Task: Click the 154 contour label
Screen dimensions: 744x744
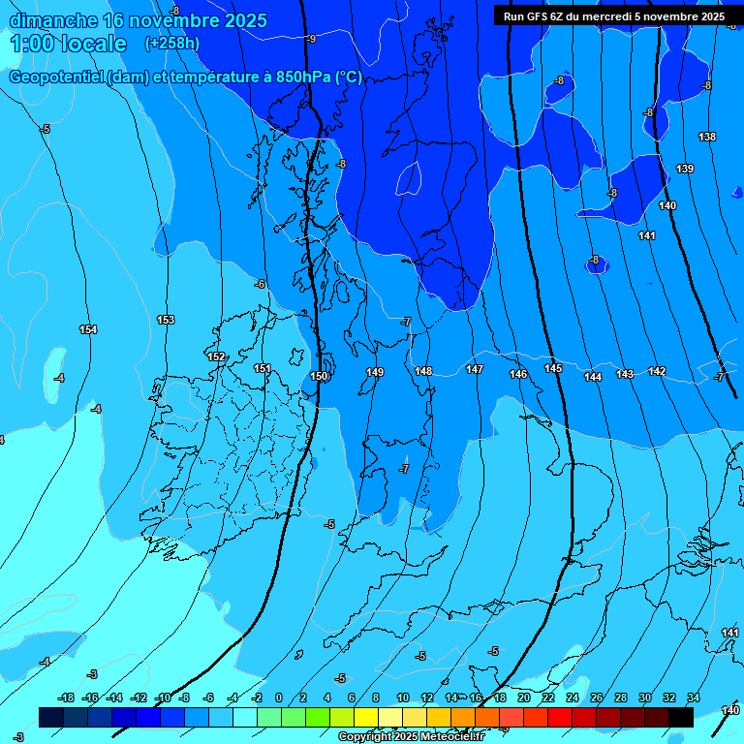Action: click(88, 330)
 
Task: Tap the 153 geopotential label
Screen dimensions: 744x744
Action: click(166, 320)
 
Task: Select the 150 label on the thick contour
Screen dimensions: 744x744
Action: click(319, 376)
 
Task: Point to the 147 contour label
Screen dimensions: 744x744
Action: click(474, 369)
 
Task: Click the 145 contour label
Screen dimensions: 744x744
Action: click(553, 368)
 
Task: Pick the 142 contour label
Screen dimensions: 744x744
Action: click(657, 372)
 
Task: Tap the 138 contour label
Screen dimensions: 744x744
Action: click(707, 138)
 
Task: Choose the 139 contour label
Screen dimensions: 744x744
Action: click(685, 170)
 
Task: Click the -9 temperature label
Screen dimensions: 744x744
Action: click(310, 39)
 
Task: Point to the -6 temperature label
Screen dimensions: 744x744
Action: click(260, 284)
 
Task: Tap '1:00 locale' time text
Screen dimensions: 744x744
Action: click(69, 44)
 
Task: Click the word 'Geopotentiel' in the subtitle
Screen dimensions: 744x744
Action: click(55, 78)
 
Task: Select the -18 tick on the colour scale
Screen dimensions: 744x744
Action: click(66, 697)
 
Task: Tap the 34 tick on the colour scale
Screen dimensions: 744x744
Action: click(694, 697)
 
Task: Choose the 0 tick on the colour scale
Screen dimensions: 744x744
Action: click(279, 697)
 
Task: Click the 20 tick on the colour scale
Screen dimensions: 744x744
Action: click(523, 697)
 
